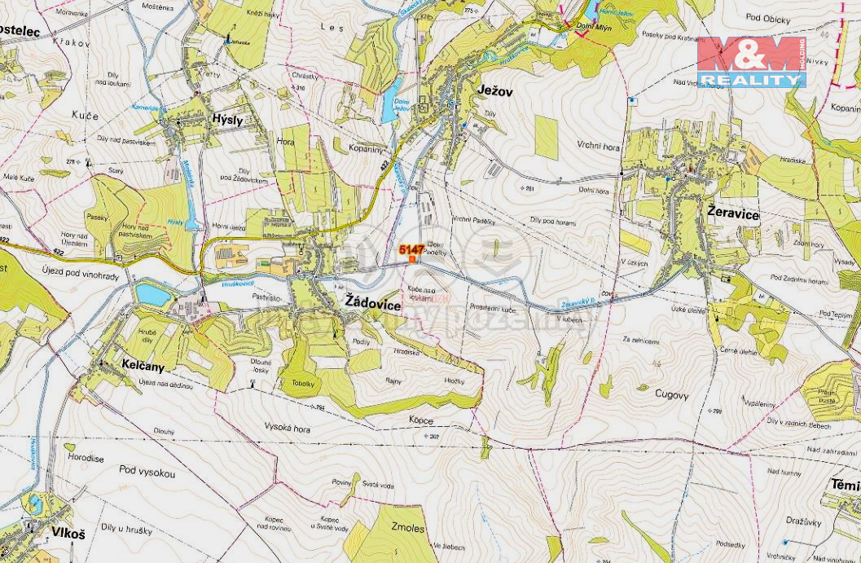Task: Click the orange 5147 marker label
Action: [411, 249]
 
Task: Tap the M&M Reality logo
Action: [750, 62]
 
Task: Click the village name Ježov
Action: [495, 92]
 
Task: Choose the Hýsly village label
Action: [227, 119]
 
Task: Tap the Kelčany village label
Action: [142, 367]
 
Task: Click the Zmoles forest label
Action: [407, 528]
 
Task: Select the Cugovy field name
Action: [673, 395]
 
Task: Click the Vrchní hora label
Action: [599, 146]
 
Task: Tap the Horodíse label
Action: [86, 459]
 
